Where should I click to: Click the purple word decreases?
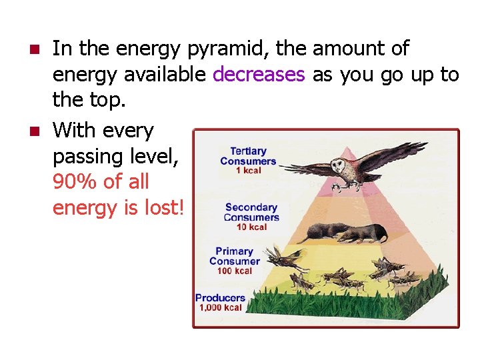[x=258, y=75]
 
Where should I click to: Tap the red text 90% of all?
[x=101, y=182]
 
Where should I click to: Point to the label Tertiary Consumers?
[x=248, y=156]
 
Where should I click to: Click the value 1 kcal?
[x=248, y=171]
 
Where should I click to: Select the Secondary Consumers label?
[x=251, y=212]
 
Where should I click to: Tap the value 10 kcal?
[x=251, y=227]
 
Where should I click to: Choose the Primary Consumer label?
[x=234, y=256]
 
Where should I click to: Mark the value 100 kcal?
[x=234, y=271]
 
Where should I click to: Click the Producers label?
[x=220, y=297]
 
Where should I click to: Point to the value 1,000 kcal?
[x=221, y=308]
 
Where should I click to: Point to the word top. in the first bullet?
[x=108, y=101]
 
